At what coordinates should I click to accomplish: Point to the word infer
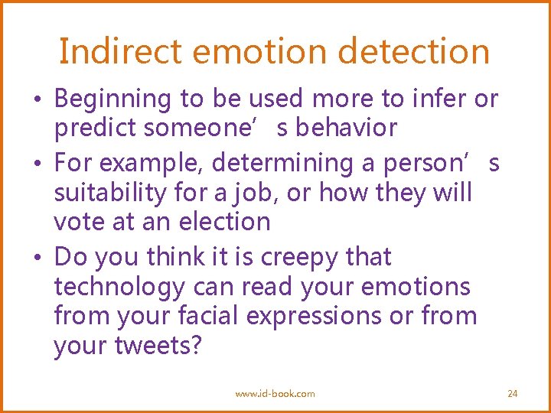(x=442, y=99)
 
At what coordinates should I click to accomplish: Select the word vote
(x=80, y=222)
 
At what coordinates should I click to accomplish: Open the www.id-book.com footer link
(x=275, y=393)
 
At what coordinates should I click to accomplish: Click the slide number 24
(x=513, y=393)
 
